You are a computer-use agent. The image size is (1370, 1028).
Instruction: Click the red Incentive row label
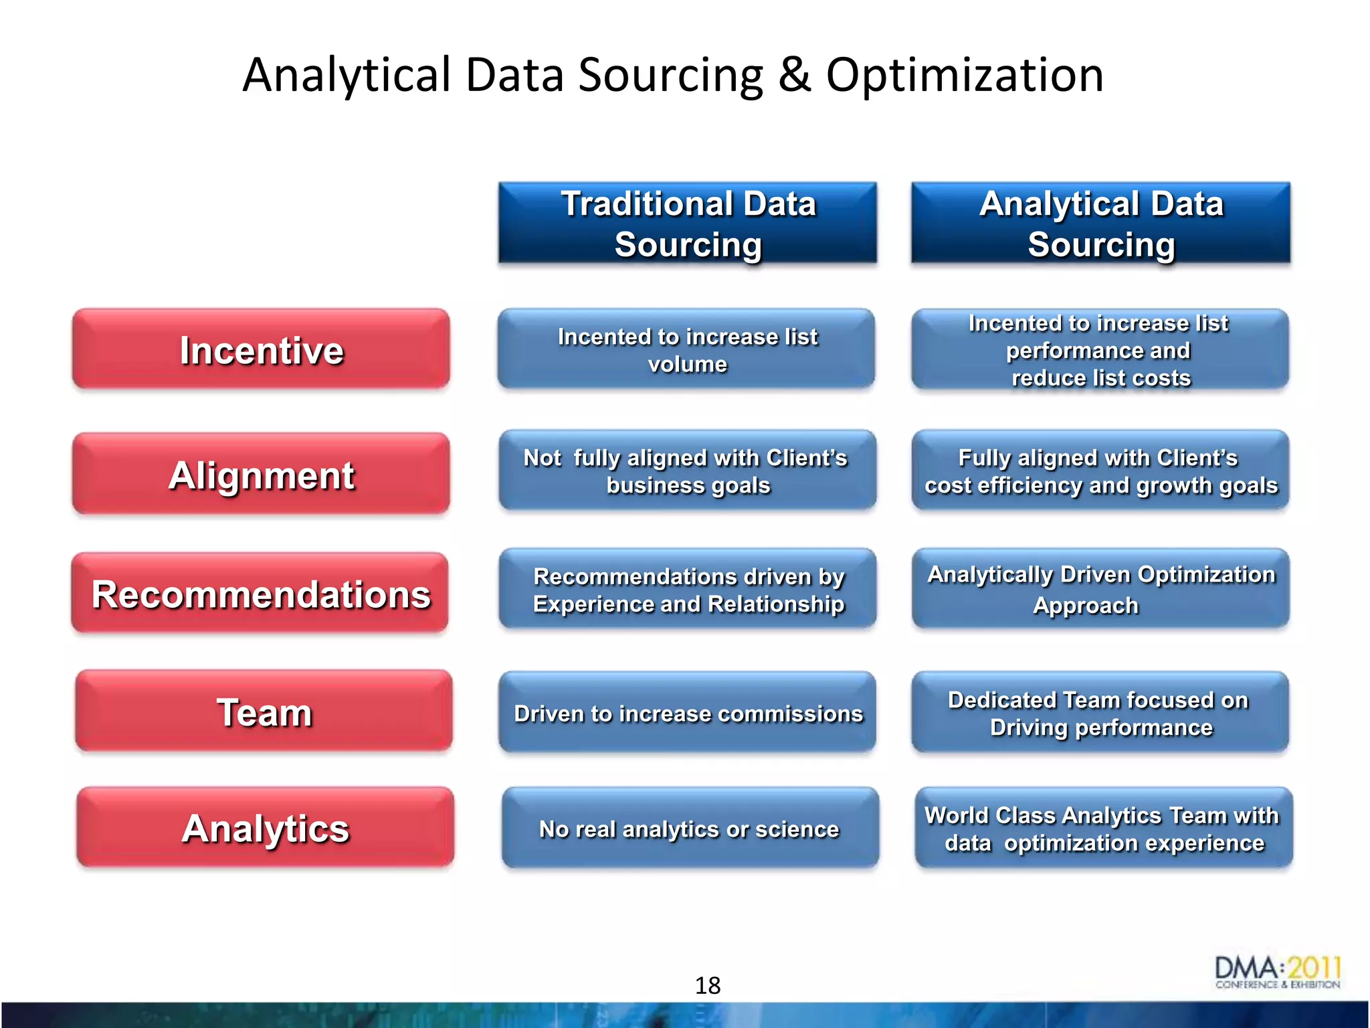click(261, 349)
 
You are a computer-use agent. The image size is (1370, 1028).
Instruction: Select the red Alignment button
click(261, 474)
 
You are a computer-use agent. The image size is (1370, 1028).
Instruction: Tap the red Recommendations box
click(260, 593)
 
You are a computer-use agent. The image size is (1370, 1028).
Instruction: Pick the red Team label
click(264, 711)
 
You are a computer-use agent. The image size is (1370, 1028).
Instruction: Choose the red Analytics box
click(265, 828)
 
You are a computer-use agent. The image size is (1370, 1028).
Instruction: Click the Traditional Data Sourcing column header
click(688, 224)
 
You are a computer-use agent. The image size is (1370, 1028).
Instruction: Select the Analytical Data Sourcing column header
click(1100, 224)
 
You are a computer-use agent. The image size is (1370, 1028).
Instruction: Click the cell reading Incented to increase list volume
click(686, 349)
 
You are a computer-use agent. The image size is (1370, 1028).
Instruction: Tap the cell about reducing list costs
click(1100, 350)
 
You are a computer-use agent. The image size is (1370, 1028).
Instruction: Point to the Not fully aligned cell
click(687, 471)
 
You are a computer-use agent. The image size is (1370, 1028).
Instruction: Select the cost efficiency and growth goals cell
click(1100, 471)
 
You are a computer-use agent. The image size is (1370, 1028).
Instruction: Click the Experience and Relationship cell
click(688, 590)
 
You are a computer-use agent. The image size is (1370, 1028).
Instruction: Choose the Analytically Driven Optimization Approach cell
click(1100, 589)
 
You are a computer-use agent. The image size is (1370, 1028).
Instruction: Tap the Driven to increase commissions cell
click(688, 713)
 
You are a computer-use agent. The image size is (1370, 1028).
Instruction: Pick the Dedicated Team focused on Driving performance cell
click(1100, 713)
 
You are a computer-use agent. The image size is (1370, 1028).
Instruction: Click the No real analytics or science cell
click(690, 829)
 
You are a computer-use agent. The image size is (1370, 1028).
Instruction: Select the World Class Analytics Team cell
click(1103, 829)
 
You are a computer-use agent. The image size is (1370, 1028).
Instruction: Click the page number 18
click(707, 985)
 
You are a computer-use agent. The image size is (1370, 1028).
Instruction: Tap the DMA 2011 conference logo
click(1277, 972)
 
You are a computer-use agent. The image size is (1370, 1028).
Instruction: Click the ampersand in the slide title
click(794, 75)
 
